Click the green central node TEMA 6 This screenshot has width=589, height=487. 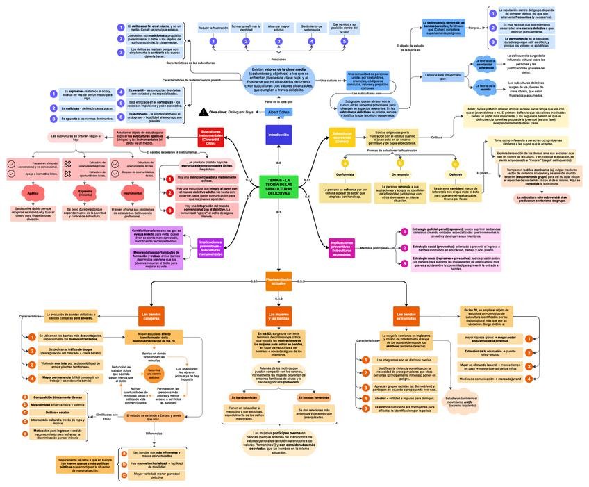278,185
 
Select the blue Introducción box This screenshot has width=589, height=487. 278,135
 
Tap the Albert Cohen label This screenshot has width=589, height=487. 279,111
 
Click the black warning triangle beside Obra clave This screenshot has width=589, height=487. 204,111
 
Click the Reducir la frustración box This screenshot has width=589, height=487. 213,28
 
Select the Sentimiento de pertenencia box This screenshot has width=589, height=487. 311,28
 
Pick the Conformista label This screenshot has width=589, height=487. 345,174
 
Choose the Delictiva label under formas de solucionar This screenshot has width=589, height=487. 455,174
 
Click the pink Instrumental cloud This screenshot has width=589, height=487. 132,194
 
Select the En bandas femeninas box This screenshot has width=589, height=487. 313,397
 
